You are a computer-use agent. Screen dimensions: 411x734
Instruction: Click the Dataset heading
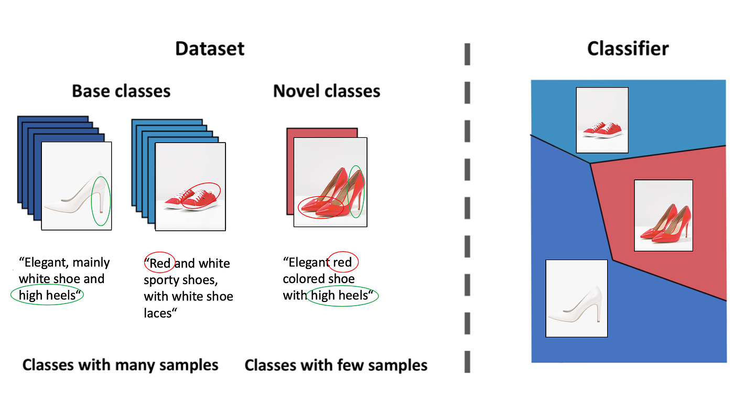tap(210, 49)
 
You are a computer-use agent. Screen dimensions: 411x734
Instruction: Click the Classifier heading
tap(628, 49)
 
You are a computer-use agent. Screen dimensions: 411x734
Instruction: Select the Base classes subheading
tap(121, 91)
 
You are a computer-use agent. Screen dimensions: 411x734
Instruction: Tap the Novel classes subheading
tap(327, 91)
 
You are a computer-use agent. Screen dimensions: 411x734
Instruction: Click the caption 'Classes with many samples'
tap(120, 365)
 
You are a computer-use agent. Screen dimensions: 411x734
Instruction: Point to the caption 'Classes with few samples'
tap(336, 365)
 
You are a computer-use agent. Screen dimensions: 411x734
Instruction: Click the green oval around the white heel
tap(101, 202)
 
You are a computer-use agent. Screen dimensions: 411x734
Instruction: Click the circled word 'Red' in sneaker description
tap(160, 263)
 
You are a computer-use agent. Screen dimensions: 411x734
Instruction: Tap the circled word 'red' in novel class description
tap(342, 262)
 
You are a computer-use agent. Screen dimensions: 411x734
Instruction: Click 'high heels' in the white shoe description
tap(47, 296)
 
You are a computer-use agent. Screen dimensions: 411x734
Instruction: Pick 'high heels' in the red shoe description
tap(340, 296)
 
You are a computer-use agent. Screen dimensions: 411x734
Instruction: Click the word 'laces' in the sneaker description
tap(158, 313)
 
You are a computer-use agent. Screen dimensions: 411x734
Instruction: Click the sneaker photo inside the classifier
tap(602, 120)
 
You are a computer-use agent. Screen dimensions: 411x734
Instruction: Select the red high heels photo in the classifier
tap(663, 215)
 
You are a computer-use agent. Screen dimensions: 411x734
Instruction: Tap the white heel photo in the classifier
tap(576, 298)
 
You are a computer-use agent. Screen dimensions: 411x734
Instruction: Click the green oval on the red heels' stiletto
tap(356, 191)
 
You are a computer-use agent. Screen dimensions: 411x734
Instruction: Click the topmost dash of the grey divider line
tap(467, 55)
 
